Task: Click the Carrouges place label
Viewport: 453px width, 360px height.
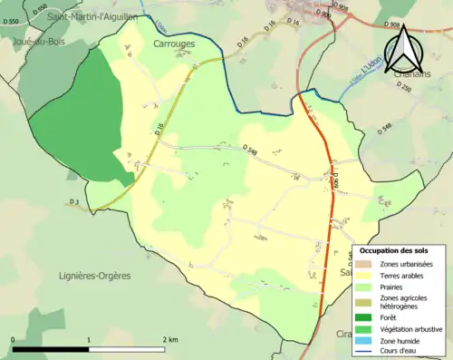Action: (x=174, y=43)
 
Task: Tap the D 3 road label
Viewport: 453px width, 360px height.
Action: (x=75, y=200)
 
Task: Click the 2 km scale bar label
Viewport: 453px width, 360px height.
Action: (x=170, y=339)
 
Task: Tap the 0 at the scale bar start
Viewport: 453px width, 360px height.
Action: (x=14, y=339)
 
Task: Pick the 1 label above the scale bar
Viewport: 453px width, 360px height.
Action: (x=89, y=339)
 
